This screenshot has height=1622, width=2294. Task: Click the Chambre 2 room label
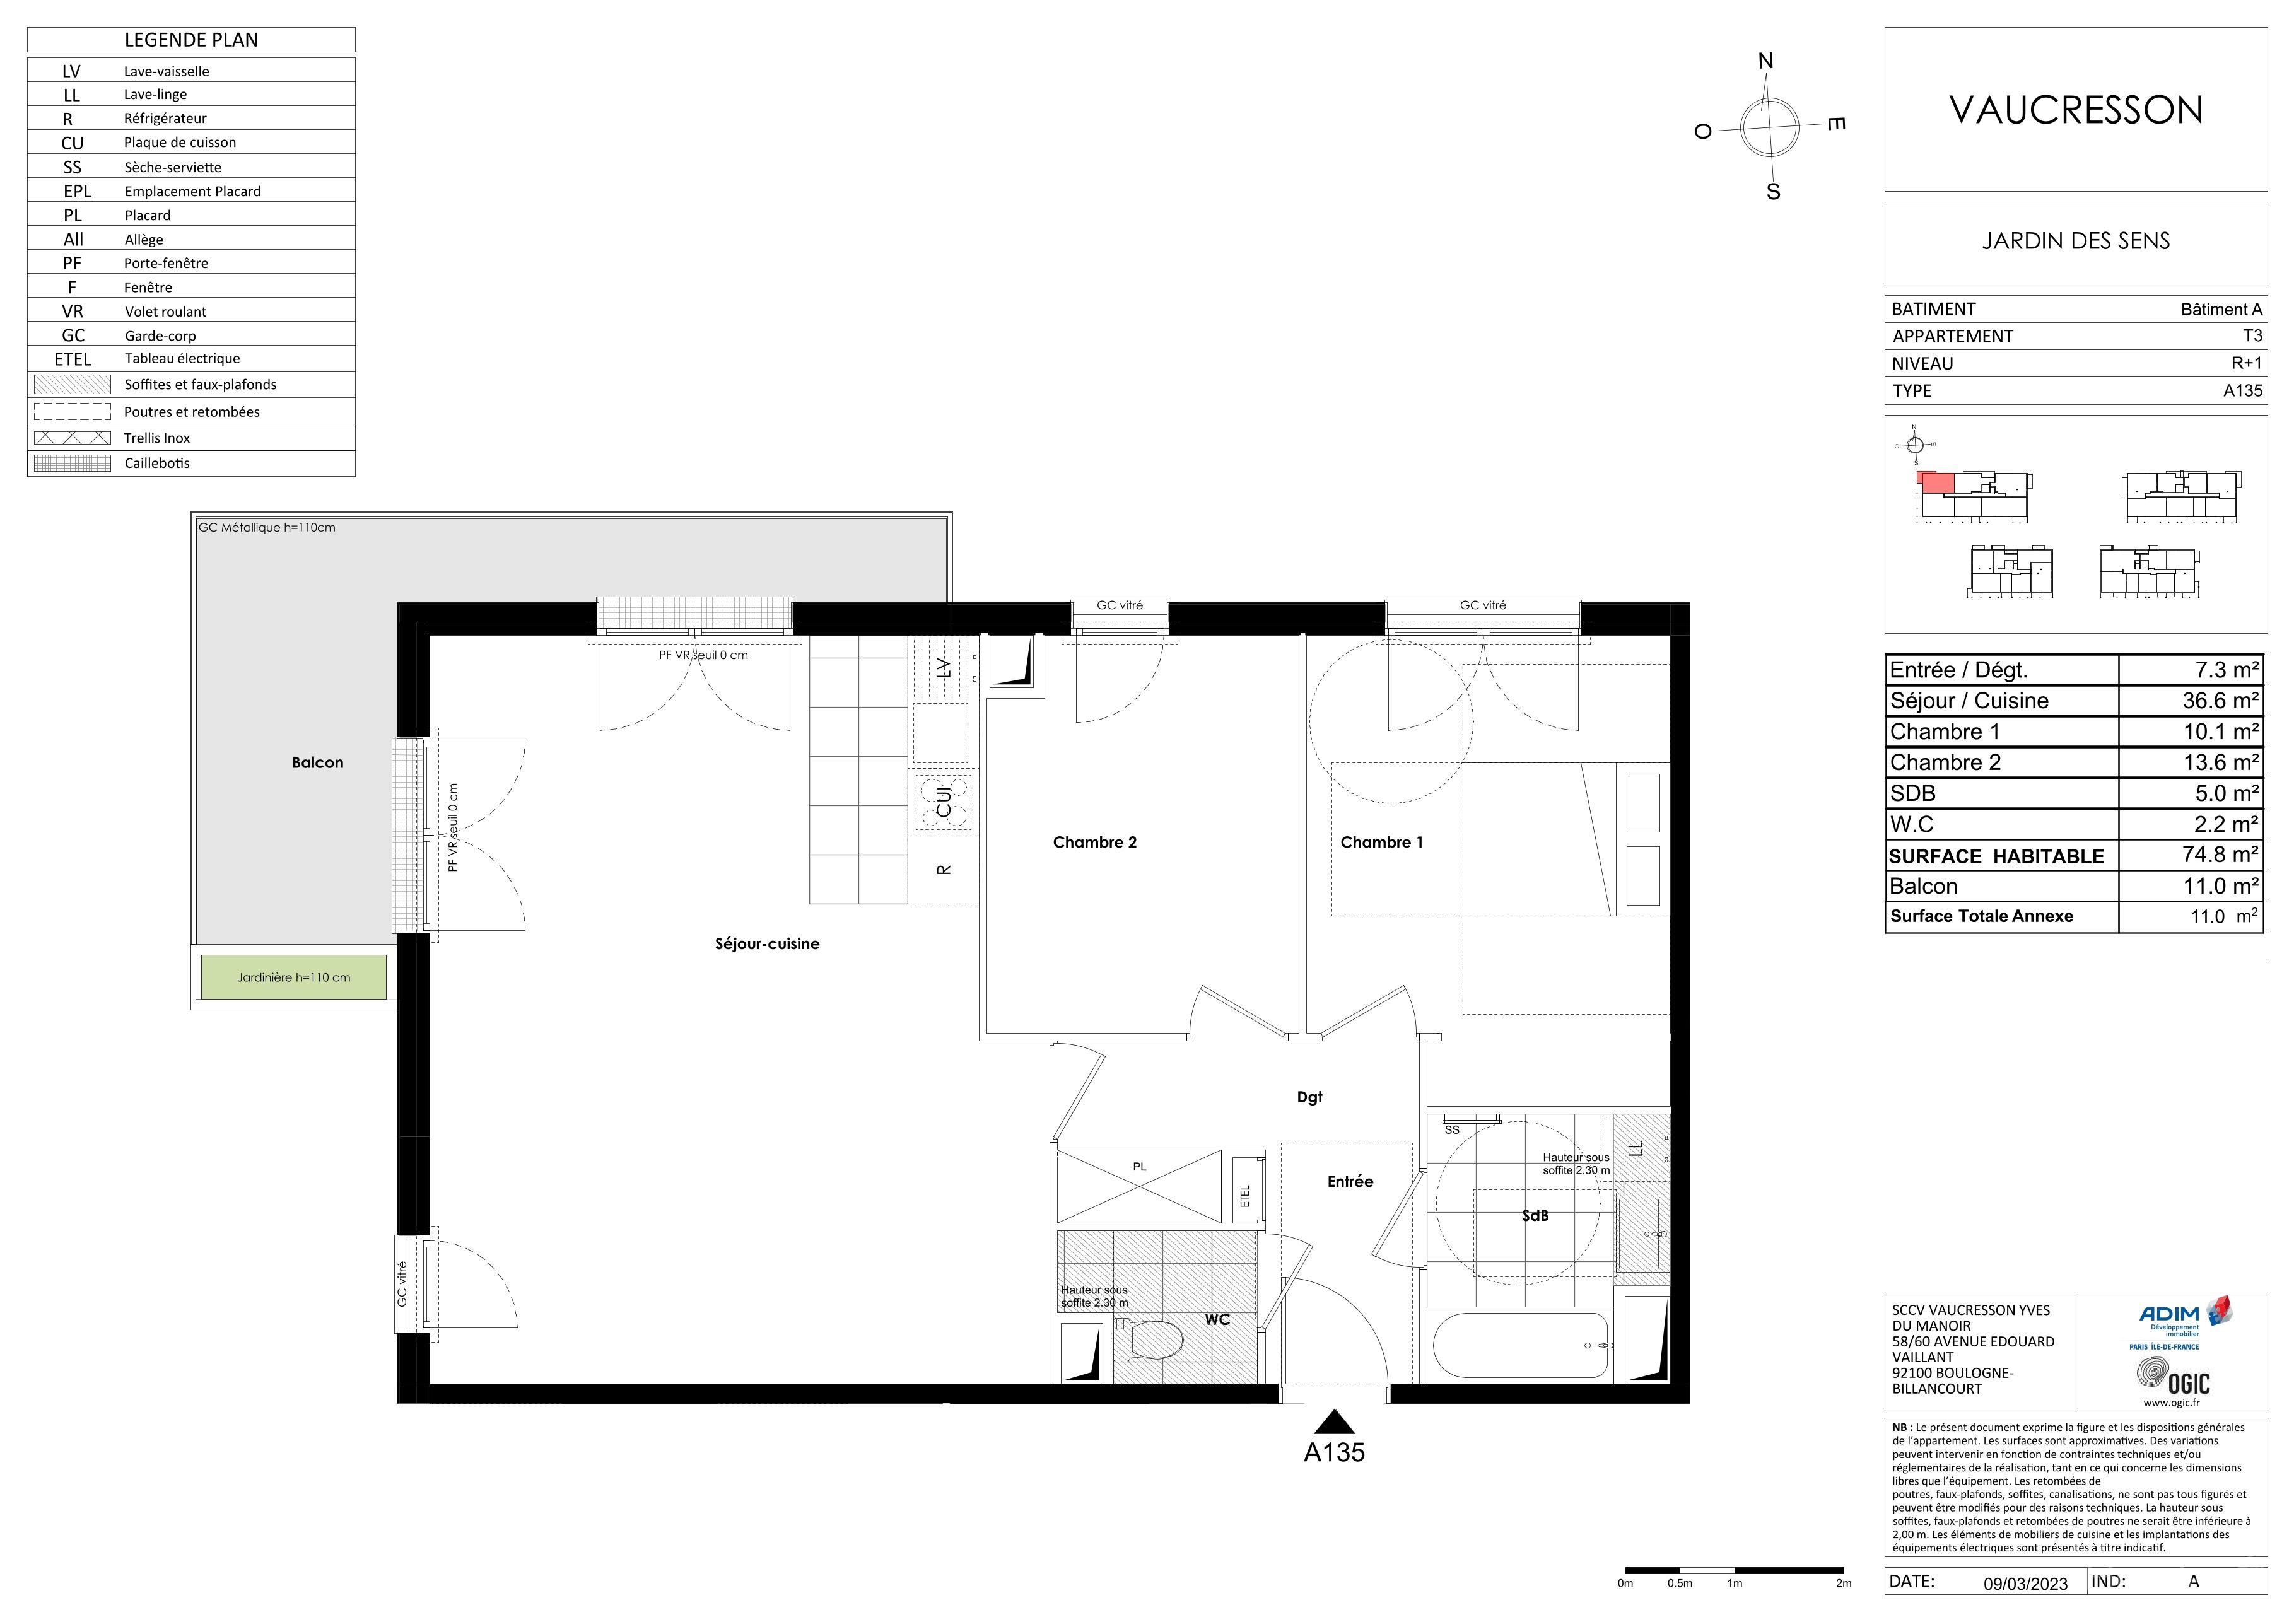pos(1094,842)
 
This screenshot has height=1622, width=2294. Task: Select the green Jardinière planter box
pos(294,977)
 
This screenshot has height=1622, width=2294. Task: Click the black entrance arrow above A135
pos(1334,1421)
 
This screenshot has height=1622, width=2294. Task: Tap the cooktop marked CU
pos(943,801)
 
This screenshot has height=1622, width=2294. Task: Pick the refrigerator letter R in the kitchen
pos(943,870)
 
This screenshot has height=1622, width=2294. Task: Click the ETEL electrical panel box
pos(1245,1196)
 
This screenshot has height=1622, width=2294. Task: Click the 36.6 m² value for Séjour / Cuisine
pos(2220,700)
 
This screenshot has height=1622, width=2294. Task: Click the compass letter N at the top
pos(1765,61)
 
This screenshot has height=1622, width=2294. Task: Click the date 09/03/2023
pos(2025,1584)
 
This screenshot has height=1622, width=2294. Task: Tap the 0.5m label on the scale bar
pos(1680,1583)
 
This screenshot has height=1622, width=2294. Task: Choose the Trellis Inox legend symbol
pos(72,438)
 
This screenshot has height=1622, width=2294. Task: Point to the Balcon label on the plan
pos(318,762)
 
